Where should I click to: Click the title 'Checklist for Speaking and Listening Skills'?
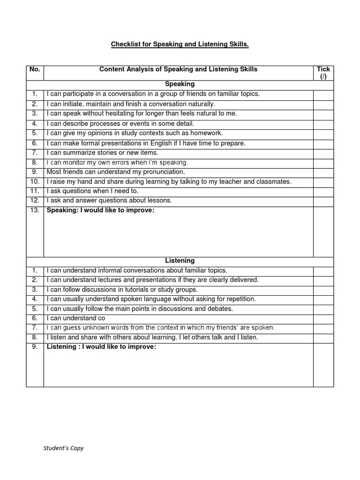pos(180,45)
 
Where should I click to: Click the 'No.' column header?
pos(35,69)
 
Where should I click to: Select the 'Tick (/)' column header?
pos(323,73)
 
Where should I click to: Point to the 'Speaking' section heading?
pos(180,84)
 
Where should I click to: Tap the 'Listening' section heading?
pos(180,261)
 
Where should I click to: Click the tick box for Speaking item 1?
pos(323,94)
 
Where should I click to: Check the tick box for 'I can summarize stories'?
pos(323,153)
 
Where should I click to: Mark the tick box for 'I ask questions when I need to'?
pos(323,192)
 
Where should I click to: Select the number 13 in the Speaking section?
pos(35,210)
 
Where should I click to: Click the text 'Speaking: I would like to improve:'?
pos(100,210)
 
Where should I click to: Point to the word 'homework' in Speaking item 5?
pos(203,133)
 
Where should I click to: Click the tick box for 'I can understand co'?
pos(323,318)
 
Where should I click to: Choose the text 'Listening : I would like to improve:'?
pos(101,347)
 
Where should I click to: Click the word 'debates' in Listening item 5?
pos(221,309)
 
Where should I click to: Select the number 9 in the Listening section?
pos(35,347)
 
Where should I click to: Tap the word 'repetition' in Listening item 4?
pos(240,299)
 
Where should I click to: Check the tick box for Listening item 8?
pos(323,337)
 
